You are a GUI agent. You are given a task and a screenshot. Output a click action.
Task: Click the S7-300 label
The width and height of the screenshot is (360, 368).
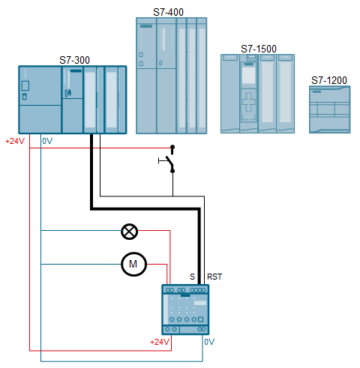[x=74, y=60]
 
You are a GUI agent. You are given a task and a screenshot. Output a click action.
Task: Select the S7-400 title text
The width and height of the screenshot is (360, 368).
[x=168, y=12]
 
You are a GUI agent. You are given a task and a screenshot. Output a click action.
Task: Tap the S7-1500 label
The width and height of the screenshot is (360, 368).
[x=259, y=49]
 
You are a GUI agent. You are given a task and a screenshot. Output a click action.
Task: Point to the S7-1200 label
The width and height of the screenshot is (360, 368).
[x=329, y=80]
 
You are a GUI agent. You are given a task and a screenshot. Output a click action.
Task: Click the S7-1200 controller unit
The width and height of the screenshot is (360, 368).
[x=330, y=109]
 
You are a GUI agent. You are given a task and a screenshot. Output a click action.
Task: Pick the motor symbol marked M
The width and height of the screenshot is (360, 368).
[x=133, y=264]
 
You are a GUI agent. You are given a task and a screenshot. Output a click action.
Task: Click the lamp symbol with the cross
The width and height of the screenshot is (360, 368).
[x=129, y=232]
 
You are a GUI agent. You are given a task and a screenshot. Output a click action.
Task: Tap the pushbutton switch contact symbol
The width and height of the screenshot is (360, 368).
[x=167, y=159]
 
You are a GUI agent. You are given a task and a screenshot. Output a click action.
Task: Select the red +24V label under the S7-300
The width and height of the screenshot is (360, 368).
[x=15, y=141]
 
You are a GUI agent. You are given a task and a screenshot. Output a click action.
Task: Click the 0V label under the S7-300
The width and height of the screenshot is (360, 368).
[x=47, y=141]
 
